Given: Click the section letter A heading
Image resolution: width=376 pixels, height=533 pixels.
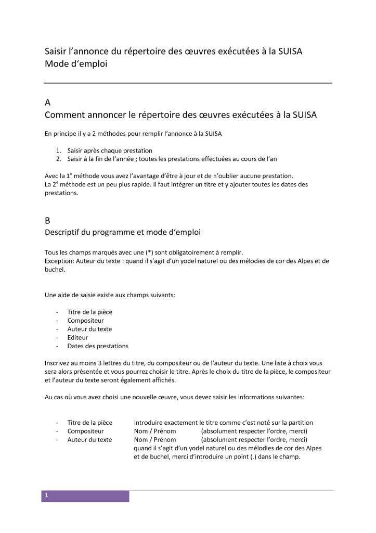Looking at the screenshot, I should (x=48, y=102).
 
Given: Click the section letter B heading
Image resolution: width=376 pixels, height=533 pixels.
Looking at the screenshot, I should (x=48, y=220).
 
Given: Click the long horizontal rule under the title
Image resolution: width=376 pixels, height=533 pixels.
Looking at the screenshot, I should (x=188, y=83).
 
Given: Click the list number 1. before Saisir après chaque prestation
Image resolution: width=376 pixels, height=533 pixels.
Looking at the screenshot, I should (x=59, y=150).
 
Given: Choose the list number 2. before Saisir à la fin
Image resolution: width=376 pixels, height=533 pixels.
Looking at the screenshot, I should (x=59, y=158).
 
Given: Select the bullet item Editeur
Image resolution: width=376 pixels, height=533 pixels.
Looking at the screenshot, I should (x=77, y=337).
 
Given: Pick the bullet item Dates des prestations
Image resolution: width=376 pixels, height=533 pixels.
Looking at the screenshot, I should (x=98, y=346).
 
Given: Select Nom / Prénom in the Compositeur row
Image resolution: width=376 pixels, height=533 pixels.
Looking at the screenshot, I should (x=155, y=431).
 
